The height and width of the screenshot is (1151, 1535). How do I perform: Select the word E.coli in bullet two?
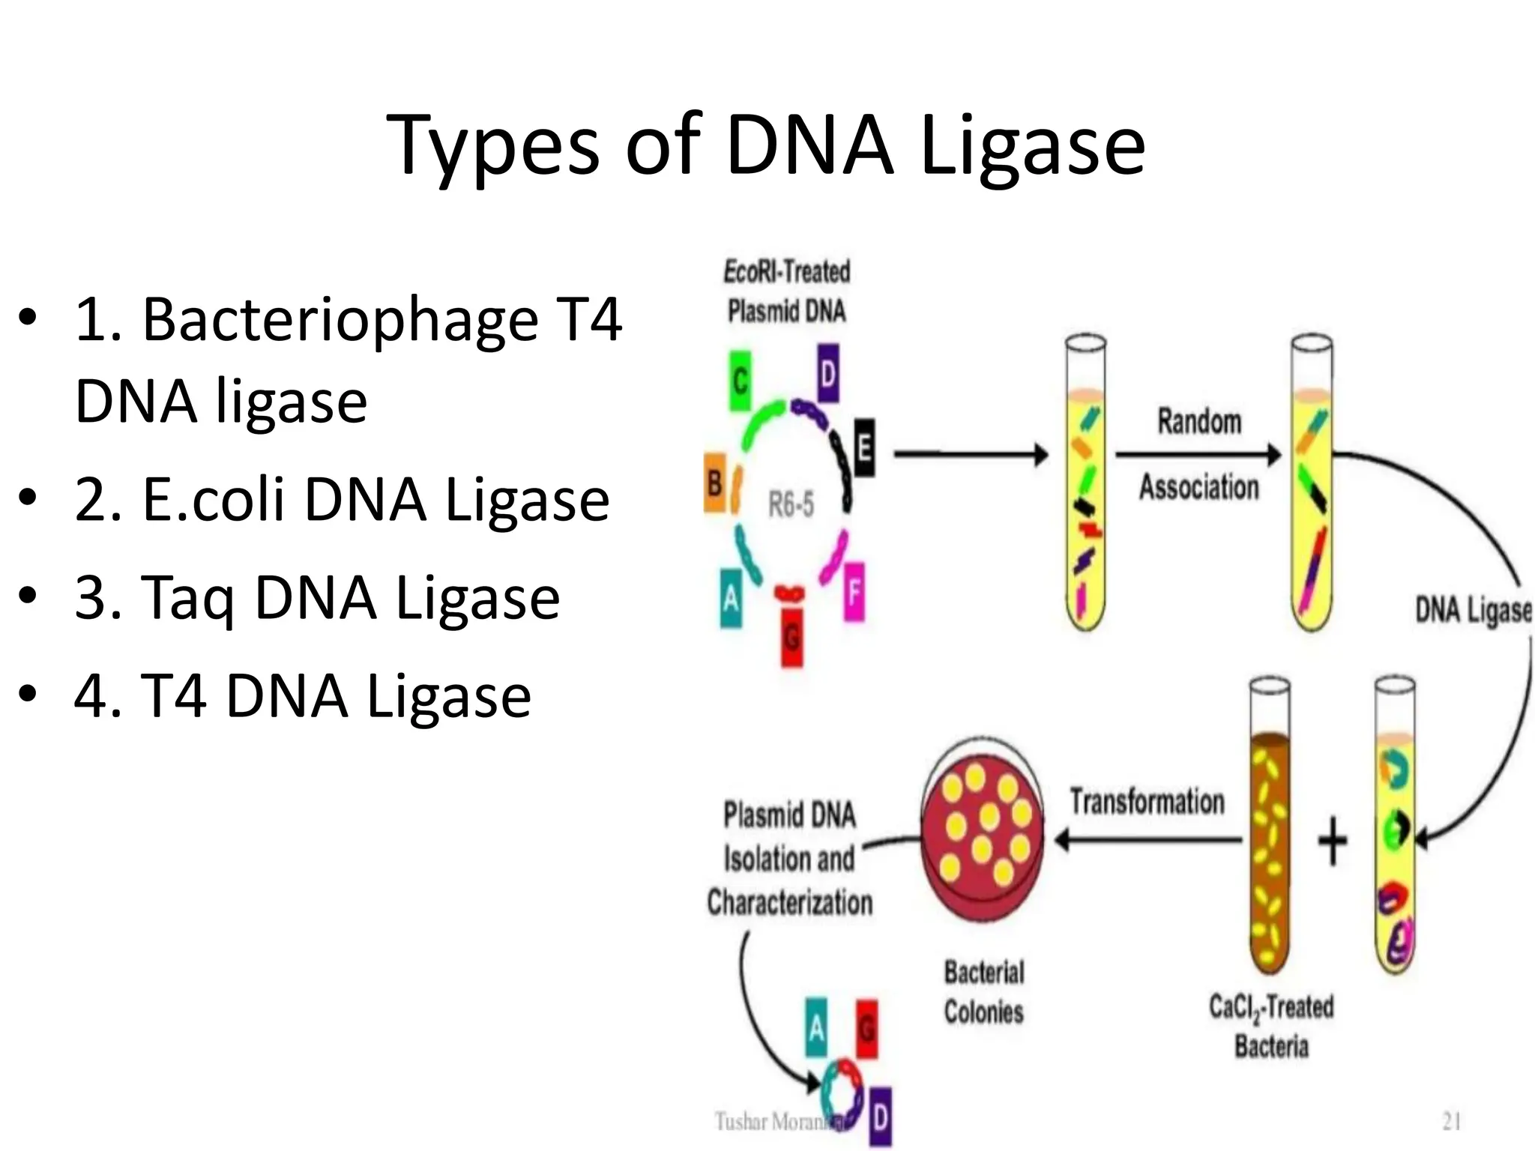(213, 499)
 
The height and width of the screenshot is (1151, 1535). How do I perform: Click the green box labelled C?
(741, 382)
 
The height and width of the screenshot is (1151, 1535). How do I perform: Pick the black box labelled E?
(863, 448)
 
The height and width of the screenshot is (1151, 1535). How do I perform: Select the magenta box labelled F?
(854, 592)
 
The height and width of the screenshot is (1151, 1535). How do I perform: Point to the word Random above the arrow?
(1199, 421)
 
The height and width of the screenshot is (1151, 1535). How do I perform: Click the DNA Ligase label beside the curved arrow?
(1472, 610)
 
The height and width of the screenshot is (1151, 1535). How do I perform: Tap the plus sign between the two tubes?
(1332, 841)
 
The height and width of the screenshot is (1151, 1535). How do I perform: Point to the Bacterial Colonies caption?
(983, 992)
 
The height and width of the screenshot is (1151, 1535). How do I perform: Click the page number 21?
(1451, 1122)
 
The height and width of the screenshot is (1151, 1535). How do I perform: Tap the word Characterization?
(790, 902)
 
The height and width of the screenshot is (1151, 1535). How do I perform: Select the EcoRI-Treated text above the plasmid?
(786, 271)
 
